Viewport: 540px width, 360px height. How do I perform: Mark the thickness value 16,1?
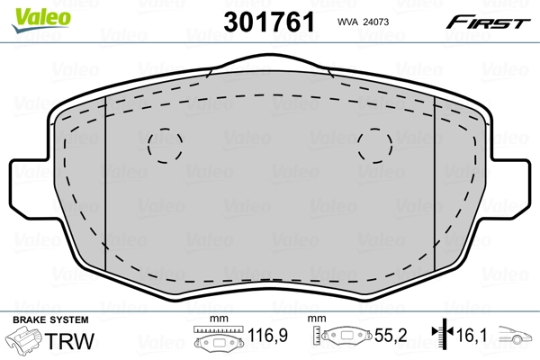click(472, 337)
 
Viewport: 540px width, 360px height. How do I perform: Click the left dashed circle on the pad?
click(164, 144)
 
